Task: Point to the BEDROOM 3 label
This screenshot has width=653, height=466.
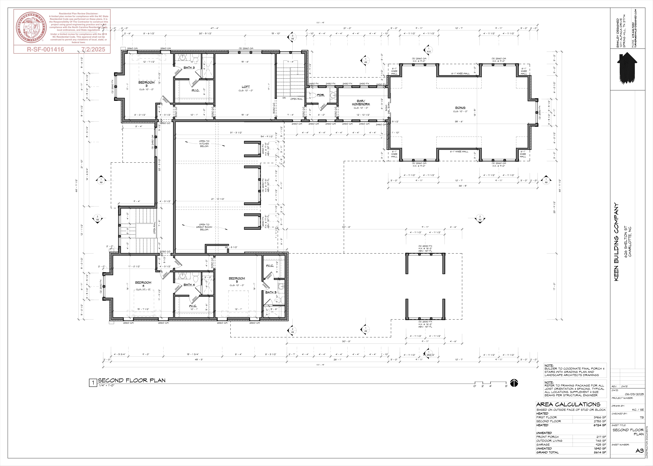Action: click(x=146, y=84)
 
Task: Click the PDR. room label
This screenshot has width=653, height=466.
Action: click(x=321, y=95)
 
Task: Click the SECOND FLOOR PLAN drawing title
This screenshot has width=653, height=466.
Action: click(x=132, y=380)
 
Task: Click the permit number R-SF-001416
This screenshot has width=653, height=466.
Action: click(x=45, y=49)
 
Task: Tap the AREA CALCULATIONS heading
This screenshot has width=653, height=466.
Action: click(x=568, y=404)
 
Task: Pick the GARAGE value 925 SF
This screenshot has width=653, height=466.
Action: click(x=600, y=445)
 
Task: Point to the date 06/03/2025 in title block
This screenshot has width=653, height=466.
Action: click(x=634, y=394)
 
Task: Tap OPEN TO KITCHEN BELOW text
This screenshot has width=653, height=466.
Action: click(x=204, y=144)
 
